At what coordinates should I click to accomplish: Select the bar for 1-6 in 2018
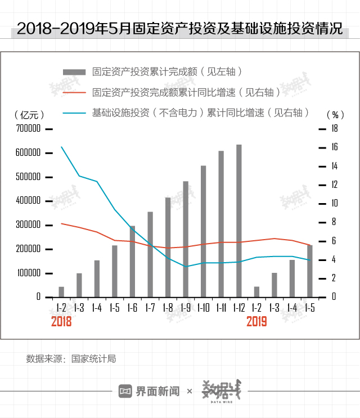(x=132, y=261)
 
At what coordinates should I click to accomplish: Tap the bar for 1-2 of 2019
(x=256, y=291)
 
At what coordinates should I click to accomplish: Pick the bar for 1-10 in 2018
(x=203, y=231)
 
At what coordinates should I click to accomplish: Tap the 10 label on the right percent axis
(x=334, y=203)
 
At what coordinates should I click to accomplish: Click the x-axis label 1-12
(x=238, y=308)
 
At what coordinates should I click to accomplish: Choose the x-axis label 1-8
(x=168, y=308)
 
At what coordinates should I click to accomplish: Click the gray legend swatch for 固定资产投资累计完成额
(x=74, y=72)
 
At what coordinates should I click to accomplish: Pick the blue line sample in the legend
(x=74, y=112)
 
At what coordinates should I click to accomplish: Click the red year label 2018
(x=61, y=322)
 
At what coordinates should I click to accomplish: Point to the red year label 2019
(x=256, y=322)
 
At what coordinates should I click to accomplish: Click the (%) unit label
(x=334, y=114)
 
